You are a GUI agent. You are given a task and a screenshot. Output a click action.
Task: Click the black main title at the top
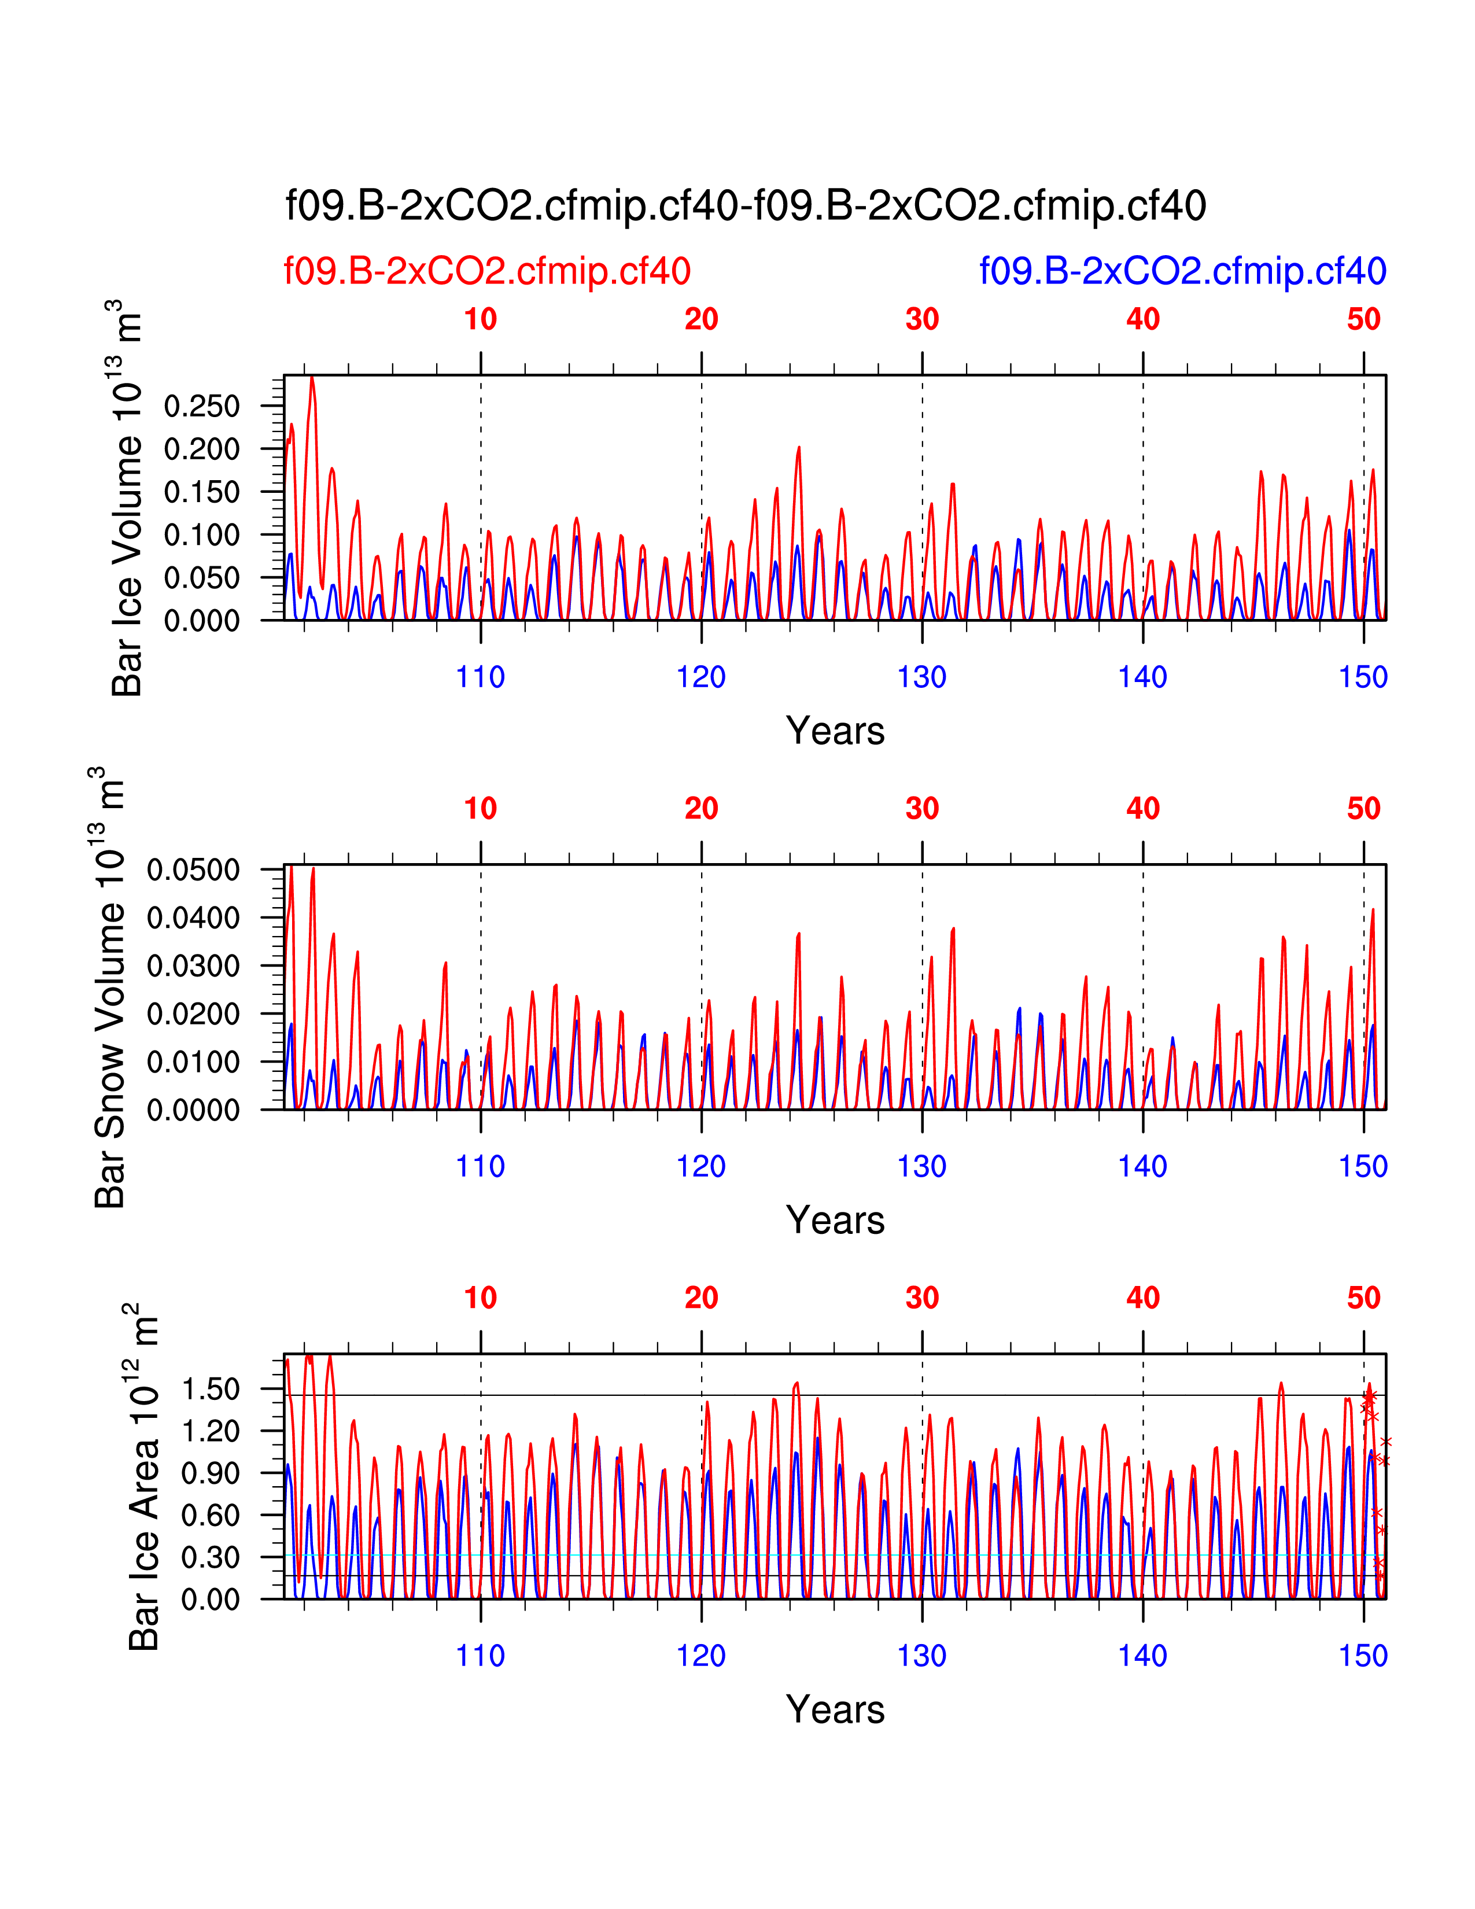coord(746,207)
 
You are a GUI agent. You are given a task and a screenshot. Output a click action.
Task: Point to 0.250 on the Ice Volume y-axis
coord(202,407)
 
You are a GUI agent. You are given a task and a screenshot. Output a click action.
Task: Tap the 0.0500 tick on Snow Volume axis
coord(193,871)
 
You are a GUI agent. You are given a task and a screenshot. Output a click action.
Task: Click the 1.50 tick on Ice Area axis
coord(210,1389)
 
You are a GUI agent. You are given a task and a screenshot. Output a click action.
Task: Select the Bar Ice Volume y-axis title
coord(127,498)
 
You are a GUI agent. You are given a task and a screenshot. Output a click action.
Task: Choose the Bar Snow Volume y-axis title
coord(109,987)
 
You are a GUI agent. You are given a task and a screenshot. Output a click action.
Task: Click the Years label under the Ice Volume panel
coord(835,731)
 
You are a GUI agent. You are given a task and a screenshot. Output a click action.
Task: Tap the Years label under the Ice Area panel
coord(835,1709)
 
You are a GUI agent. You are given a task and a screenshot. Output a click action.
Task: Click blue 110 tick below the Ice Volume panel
coord(481,677)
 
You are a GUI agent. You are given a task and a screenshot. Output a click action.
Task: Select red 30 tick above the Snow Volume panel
coord(922,809)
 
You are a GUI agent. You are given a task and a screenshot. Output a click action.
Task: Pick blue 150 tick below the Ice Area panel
coord(1363,1656)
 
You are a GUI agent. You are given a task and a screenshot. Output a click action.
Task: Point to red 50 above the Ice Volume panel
coord(1363,319)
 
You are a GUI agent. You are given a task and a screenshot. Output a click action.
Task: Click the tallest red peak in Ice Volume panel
coord(312,378)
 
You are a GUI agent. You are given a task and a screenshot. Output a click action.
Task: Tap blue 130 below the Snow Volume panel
coord(922,1167)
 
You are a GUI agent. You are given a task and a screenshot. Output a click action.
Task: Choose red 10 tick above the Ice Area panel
coord(481,1298)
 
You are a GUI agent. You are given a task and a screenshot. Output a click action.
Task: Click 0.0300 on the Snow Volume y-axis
coord(193,967)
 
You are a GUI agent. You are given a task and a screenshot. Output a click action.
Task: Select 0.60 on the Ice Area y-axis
coord(210,1516)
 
